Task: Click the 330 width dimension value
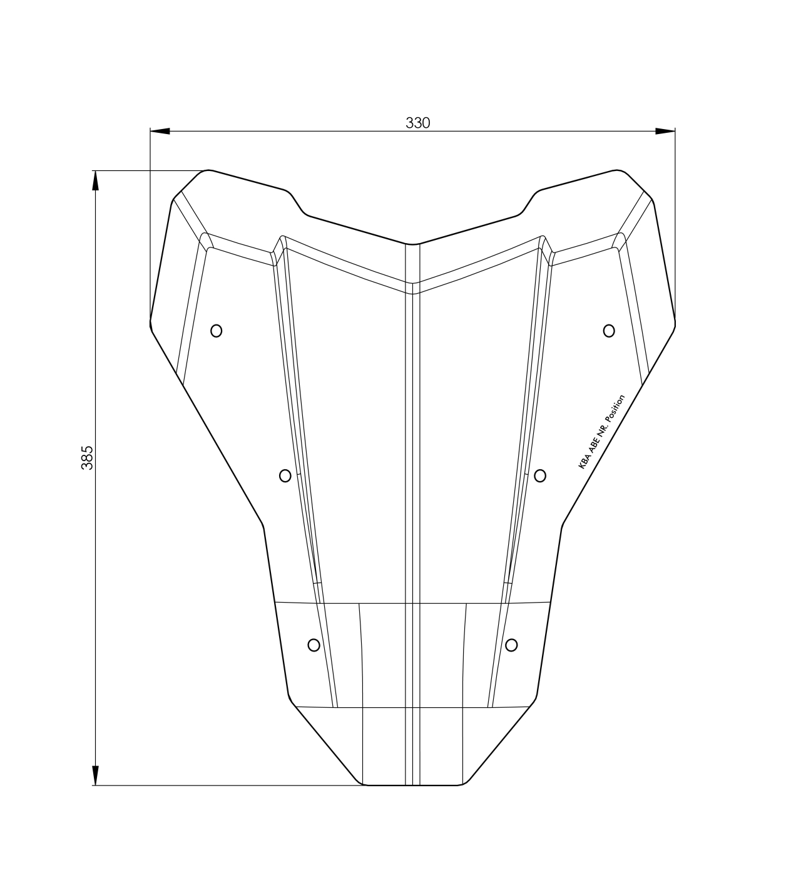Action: pos(418,123)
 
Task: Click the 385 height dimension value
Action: pos(88,458)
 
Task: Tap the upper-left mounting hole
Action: pos(216,331)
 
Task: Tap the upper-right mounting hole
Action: pos(609,331)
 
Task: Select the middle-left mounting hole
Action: pos(285,475)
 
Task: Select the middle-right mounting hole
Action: pos(540,475)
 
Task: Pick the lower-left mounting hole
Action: pos(314,645)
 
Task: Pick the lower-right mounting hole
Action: pos(511,645)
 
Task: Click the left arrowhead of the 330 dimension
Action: pos(160,131)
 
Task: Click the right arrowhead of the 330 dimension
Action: pos(665,131)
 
